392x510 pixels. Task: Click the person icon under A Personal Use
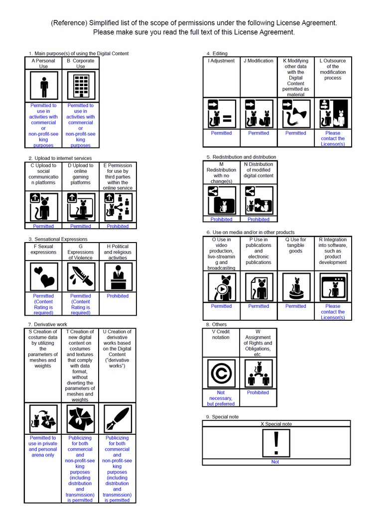click(44, 86)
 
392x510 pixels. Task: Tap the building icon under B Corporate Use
click(81, 86)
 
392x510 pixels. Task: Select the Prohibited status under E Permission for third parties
click(118, 226)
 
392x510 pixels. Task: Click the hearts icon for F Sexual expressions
click(43, 275)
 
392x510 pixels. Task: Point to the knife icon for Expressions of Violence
click(81, 275)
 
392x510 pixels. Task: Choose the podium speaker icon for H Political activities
click(118, 275)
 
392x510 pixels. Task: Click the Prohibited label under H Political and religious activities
click(118, 296)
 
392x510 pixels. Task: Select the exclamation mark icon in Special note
click(275, 442)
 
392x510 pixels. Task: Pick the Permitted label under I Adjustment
click(221, 133)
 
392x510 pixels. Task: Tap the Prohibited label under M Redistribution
click(221, 219)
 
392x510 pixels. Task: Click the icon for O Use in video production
click(221, 286)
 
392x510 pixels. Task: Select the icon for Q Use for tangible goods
click(295, 286)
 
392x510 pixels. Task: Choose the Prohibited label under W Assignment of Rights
click(258, 392)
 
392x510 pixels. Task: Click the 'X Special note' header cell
click(276, 424)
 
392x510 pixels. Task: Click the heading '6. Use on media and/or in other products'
click(250, 232)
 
